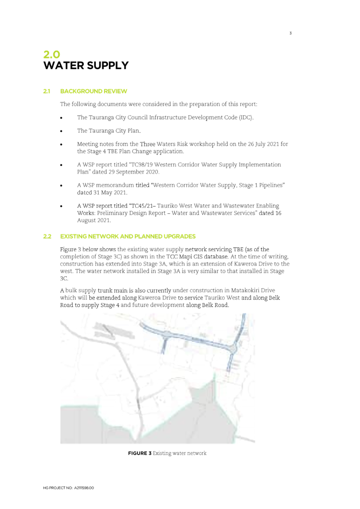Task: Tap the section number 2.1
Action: coord(47,92)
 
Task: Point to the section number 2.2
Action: coord(47,236)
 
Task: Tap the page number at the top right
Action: coord(290,33)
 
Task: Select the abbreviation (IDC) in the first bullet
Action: coord(246,118)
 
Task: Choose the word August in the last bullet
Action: coord(87,221)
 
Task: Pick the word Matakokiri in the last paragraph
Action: coord(247,291)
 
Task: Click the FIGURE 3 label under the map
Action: coord(140,453)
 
